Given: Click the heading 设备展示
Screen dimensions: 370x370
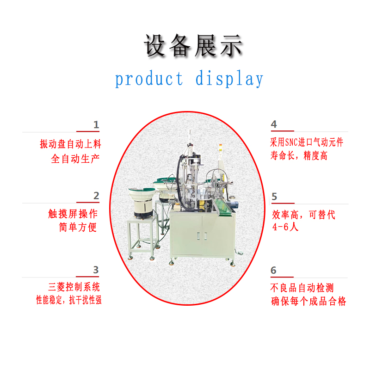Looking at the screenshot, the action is (193, 45).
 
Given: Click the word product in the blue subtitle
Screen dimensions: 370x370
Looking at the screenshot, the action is (149, 79).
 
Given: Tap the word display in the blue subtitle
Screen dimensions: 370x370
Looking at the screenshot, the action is (229, 79).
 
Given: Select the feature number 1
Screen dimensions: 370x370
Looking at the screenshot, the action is (96, 124).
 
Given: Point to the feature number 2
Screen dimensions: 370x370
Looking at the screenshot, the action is (96, 196).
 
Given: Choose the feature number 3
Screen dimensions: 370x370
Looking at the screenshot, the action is (96, 270).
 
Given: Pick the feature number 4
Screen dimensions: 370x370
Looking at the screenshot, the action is (274, 124).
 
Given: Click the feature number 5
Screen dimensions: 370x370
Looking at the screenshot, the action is (274, 197).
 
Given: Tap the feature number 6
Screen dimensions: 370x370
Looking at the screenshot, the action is (273, 270).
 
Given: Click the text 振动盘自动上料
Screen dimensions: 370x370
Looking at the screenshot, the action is (70, 144).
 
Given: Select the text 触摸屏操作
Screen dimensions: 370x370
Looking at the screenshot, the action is (73, 214).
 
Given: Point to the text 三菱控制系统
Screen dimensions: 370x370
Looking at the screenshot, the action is (74, 287).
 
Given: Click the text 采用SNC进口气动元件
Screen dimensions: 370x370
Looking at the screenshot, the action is (307, 142).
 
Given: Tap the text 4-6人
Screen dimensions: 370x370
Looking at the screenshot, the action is (285, 227).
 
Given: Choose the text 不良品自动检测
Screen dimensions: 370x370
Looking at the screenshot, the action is (302, 288).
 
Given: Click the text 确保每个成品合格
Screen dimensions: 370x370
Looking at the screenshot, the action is (308, 301).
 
